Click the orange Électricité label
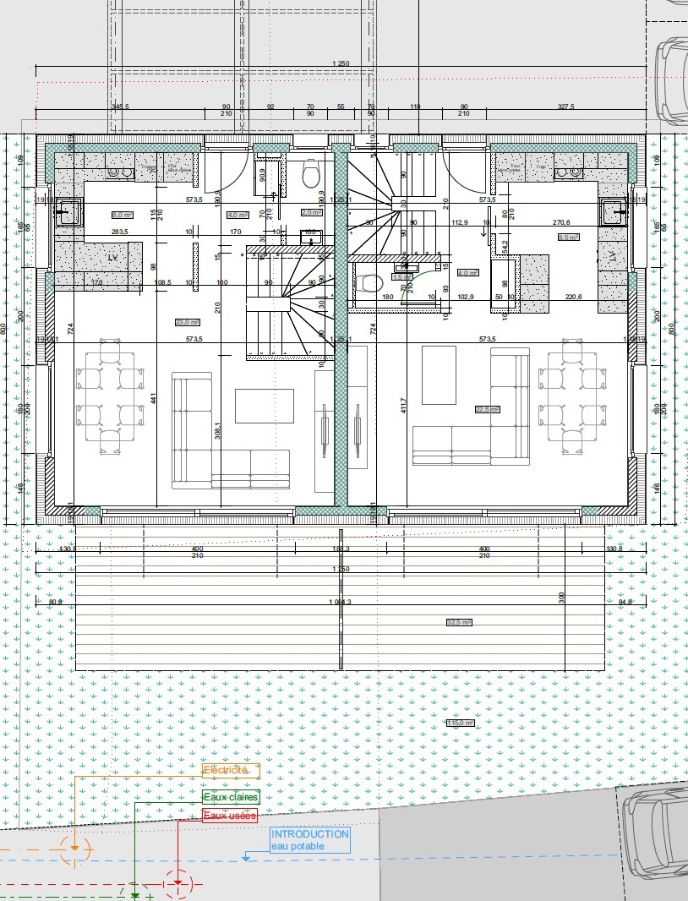[225, 771]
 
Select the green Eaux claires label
[230, 797]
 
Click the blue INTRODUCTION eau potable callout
[309, 839]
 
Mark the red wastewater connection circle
[178, 882]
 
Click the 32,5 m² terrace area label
[459, 622]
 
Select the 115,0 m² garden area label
[461, 723]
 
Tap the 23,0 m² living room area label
[187, 322]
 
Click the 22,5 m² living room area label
[488, 409]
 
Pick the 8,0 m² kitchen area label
[123, 215]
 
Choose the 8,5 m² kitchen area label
[568, 238]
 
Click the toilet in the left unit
[310, 175]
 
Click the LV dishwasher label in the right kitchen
[610, 255]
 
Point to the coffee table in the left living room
[264, 406]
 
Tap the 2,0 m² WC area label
[310, 213]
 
